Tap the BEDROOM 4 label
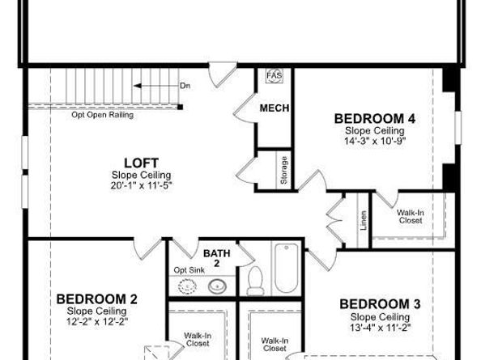pos(375,118)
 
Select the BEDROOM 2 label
pos(92,299)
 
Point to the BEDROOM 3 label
pos(380,304)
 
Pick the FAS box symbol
pos(272,75)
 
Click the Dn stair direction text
pos(185,85)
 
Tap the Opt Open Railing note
pos(102,115)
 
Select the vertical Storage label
pos(284,171)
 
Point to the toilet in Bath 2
pos(255,280)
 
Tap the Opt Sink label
pos(187,269)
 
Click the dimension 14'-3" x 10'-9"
pos(375,139)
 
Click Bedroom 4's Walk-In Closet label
pos(410,216)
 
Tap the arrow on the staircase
pos(146,84)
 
